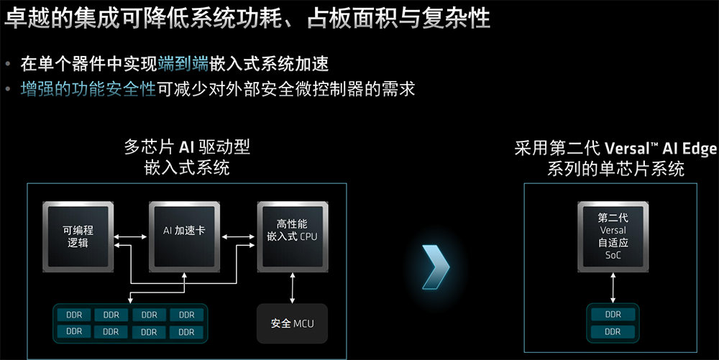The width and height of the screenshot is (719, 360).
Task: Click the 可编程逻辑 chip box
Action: (78, 236)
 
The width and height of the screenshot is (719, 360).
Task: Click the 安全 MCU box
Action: (292, 323)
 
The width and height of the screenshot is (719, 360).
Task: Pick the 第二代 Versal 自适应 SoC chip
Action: (613, 236)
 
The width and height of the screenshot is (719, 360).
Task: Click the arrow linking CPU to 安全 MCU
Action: (292, 288)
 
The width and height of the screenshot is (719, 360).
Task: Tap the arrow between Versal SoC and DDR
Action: (613, 288)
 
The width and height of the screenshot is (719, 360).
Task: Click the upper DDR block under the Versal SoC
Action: (613, 314)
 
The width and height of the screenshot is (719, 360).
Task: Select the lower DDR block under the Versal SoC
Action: (613, 332)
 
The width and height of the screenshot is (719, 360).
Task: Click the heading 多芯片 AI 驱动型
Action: (186, 148)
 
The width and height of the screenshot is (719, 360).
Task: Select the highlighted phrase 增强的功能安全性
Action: (88, 89)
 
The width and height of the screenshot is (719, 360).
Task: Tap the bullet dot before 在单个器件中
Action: (9, 65)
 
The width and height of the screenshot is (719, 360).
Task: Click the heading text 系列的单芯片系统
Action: (615, 170)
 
